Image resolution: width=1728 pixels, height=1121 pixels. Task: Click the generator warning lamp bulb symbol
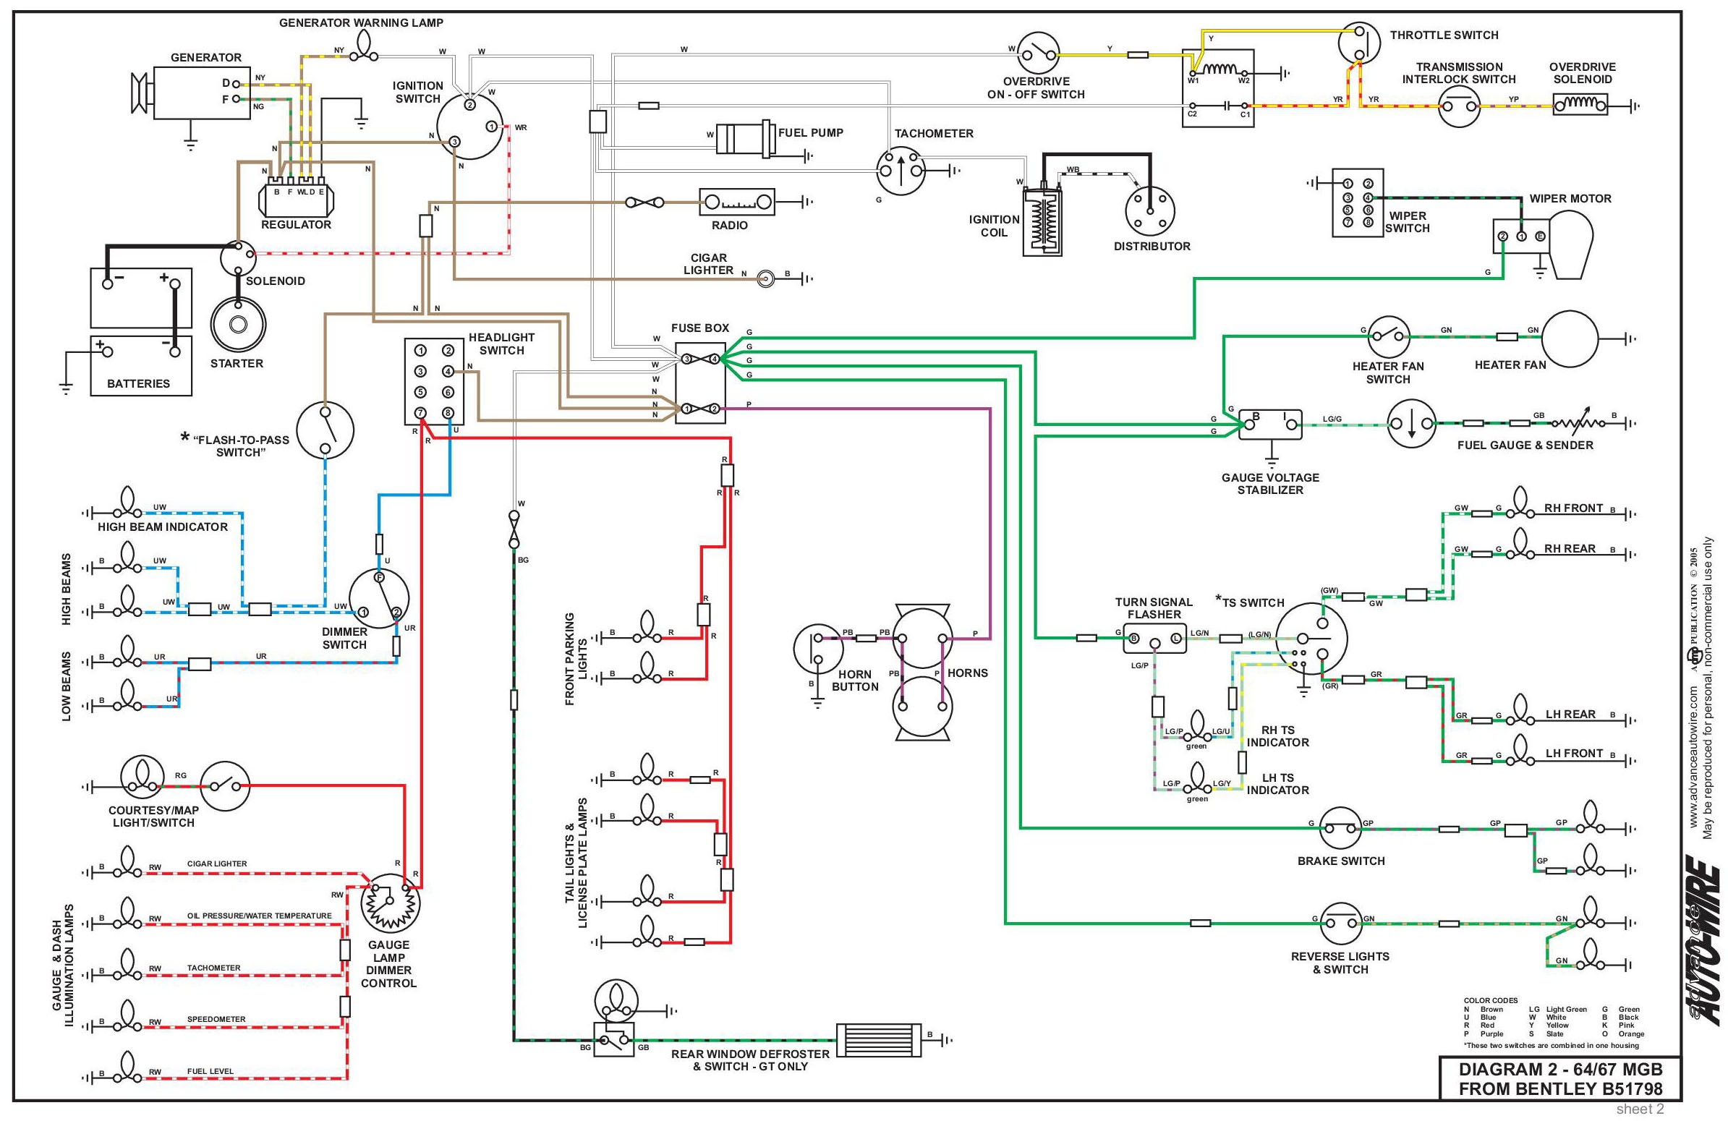click(x=363, y=48)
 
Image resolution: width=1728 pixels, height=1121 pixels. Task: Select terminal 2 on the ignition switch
click(x=469, y=106)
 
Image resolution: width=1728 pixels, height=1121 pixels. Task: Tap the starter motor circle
click(x=237, y=325)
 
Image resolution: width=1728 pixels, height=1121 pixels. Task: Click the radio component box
click(x=736, y=202)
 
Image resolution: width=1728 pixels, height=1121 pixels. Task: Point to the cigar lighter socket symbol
click(x=765, y=278)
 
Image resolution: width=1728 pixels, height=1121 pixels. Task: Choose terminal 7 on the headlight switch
click(x=420, y=413)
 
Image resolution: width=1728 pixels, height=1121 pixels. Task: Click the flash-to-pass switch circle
click(x=325, y=430)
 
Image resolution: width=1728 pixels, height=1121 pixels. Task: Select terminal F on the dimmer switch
click(x=378, y=576)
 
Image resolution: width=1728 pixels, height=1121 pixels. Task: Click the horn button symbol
click(x=817, y=649)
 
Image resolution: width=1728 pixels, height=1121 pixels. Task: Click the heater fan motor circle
click(x=1570, y=338)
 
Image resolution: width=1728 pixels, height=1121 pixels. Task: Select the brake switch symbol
click(x=1340, y=828)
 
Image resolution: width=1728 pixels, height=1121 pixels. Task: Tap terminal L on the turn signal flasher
click(x=1175, y=638)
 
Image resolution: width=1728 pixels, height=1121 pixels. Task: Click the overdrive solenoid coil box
click(x=1580, y=107)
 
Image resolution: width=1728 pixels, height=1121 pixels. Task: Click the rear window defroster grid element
click(x=879, y=1040)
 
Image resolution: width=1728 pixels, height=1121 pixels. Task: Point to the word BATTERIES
click(x=139, y=383)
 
